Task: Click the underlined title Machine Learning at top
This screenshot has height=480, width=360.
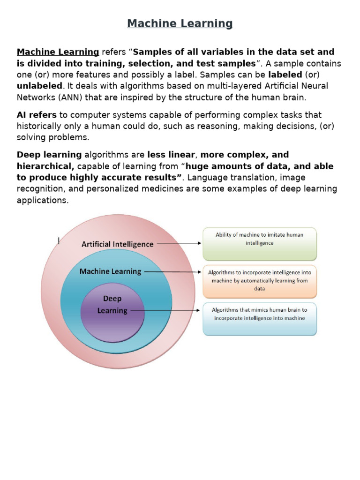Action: [180, 23]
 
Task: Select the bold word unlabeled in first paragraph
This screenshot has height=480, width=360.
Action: [39, 86]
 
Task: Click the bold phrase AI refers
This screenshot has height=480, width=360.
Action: [37, 115]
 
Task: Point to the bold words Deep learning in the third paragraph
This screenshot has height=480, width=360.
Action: [49, 155]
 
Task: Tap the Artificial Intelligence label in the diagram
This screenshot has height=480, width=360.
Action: [117, 244]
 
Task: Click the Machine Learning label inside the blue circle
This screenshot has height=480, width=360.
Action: [110, 271]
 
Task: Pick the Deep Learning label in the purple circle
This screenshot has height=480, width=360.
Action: [112, 305]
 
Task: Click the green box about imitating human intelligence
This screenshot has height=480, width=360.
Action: [259, 244]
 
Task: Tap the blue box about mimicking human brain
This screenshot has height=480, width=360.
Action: [259, 319]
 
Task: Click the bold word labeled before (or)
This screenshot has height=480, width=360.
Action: [285, 75]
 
